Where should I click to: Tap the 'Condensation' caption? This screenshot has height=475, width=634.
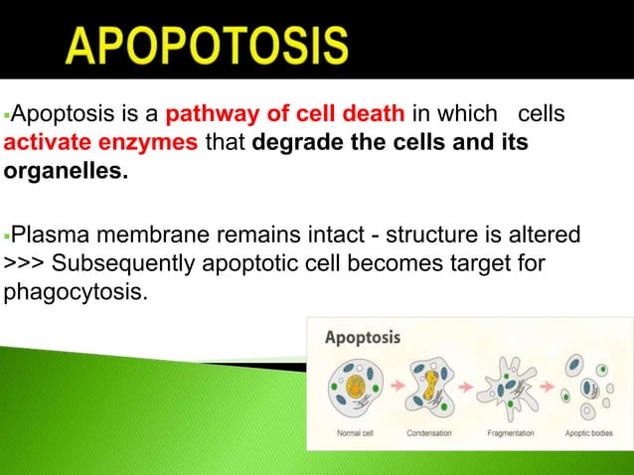pos(430,433)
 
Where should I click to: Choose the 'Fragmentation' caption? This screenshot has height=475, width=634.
pos(510,433)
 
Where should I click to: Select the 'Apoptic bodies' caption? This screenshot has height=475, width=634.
pos(588,433)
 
